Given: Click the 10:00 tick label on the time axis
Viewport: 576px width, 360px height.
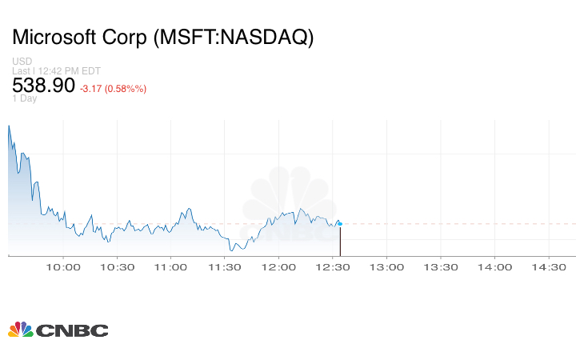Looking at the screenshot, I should [x=63, y=267].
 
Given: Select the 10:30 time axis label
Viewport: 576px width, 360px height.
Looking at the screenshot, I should [x=117, y=267].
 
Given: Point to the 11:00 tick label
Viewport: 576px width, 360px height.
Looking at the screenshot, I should [x=170, y=267].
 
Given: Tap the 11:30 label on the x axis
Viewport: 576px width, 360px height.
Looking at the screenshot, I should [x=225, y=267].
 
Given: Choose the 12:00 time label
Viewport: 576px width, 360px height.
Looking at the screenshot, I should [x=278, y=267].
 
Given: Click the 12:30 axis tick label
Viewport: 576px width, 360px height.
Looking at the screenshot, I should [x=333, y=267].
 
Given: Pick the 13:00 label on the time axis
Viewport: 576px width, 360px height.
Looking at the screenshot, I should [x=386, y=267].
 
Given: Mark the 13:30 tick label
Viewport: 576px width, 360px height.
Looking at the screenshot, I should [x=441, y=267].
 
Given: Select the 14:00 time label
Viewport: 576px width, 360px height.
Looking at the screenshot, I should [x=494, y=267].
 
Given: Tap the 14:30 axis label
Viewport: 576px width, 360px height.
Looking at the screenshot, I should [x=549, y=267].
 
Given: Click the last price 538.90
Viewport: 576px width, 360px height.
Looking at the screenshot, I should [x=43, y=86].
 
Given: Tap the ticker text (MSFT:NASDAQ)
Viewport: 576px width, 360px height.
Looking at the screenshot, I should [x=233, y=38].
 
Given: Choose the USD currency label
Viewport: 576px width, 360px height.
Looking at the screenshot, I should [x=22, y=62].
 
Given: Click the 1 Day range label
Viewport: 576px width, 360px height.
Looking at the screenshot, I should [x=25, y=99].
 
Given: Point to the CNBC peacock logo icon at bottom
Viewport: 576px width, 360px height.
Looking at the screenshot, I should [x=20, y=329].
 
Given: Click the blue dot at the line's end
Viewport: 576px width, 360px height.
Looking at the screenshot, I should [x=340, y=223].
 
